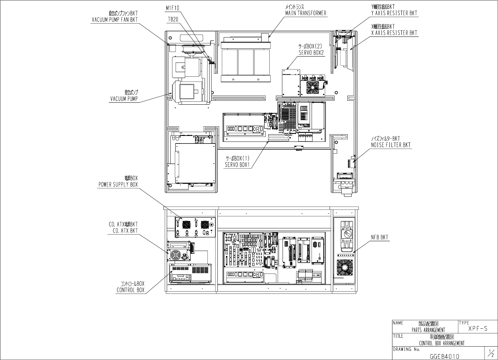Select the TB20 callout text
173,20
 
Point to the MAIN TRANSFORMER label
306,13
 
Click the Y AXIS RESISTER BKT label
394,13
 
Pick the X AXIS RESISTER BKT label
394,33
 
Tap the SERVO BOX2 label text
311,52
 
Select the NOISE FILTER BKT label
391,145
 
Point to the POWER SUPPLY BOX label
118,185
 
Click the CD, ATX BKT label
123,231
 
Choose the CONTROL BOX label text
130,290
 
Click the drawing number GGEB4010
444,356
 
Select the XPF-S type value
478,328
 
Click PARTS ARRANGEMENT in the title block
428,330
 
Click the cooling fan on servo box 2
313,87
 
